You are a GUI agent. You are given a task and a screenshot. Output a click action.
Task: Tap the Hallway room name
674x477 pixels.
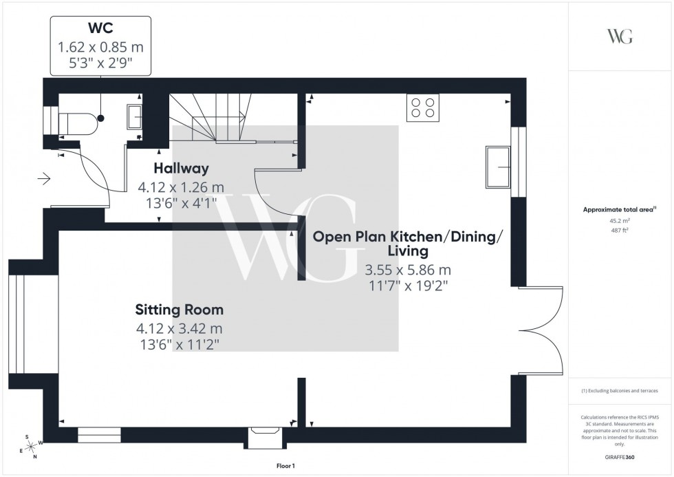(x=181, y=168)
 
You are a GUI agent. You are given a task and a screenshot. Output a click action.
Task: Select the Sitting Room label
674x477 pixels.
(x=179, y=310)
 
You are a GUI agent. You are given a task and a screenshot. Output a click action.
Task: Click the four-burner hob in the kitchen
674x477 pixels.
(x=423, y=107)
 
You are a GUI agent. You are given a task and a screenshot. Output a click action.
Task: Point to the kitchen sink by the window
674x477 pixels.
(x=497, y=167)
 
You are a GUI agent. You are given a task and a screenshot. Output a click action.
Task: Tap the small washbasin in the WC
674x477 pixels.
(x=135, y=117)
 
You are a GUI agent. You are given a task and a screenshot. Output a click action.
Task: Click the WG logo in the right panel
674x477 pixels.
(x=619, y=36)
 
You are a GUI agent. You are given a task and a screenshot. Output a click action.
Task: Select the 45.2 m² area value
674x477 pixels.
(x=620, y=220)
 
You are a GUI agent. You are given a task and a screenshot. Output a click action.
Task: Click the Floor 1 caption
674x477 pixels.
(x=285, y=467)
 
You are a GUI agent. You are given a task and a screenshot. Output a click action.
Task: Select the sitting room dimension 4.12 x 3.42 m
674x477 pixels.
(x=179, y=330)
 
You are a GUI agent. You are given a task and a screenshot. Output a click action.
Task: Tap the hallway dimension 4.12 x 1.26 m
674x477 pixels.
(x=181, y=187)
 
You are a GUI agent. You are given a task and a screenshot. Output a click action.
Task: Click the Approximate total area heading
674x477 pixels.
(x=619, y=209)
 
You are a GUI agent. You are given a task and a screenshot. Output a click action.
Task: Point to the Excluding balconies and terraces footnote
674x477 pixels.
(x=620, y=390)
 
